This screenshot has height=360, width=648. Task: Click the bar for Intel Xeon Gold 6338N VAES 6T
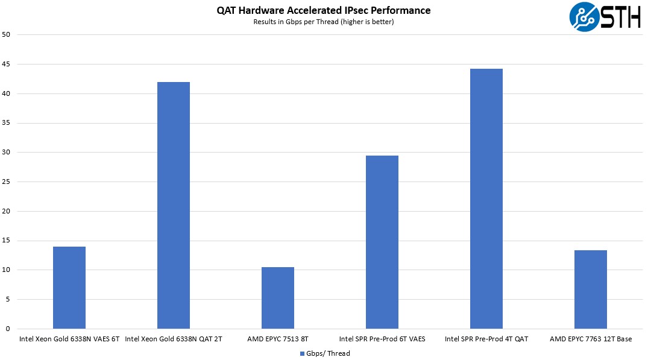(x=69, y=288)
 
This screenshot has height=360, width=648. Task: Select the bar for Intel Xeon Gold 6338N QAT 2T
(x=174, y=205)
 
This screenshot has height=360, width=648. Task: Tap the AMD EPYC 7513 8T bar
(x=278, y=298)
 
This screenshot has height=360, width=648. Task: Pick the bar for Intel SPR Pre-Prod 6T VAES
(x=382, y=242)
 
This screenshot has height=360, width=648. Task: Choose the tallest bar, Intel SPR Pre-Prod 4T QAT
(x=486, y=198)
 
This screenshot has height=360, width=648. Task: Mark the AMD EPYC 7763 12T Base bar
(x=591, y=289)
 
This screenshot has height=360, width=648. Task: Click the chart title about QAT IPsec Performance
(x=324, y=10)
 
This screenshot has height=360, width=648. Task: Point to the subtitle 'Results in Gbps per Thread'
(x=324, y=22)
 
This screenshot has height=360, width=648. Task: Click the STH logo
(x=605, y=17)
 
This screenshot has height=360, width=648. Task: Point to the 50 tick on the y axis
(x=7, y=34)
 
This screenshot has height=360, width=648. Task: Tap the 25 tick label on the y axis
(x=7, y=182)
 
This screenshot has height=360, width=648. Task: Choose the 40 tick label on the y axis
(x=7, y=93)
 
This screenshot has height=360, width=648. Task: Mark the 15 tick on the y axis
(x=7, y=241)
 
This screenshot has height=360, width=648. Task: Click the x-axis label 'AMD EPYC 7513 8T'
(x=278, y=339)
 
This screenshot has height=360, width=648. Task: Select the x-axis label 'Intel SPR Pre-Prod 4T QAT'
(x=486, y=339)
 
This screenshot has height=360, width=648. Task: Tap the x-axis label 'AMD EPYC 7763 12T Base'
(x=591, y=339)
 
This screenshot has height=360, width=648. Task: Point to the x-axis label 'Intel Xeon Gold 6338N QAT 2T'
(x=174, y=339)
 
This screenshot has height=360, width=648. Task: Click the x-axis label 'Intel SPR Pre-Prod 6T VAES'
(x=382, y=339)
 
